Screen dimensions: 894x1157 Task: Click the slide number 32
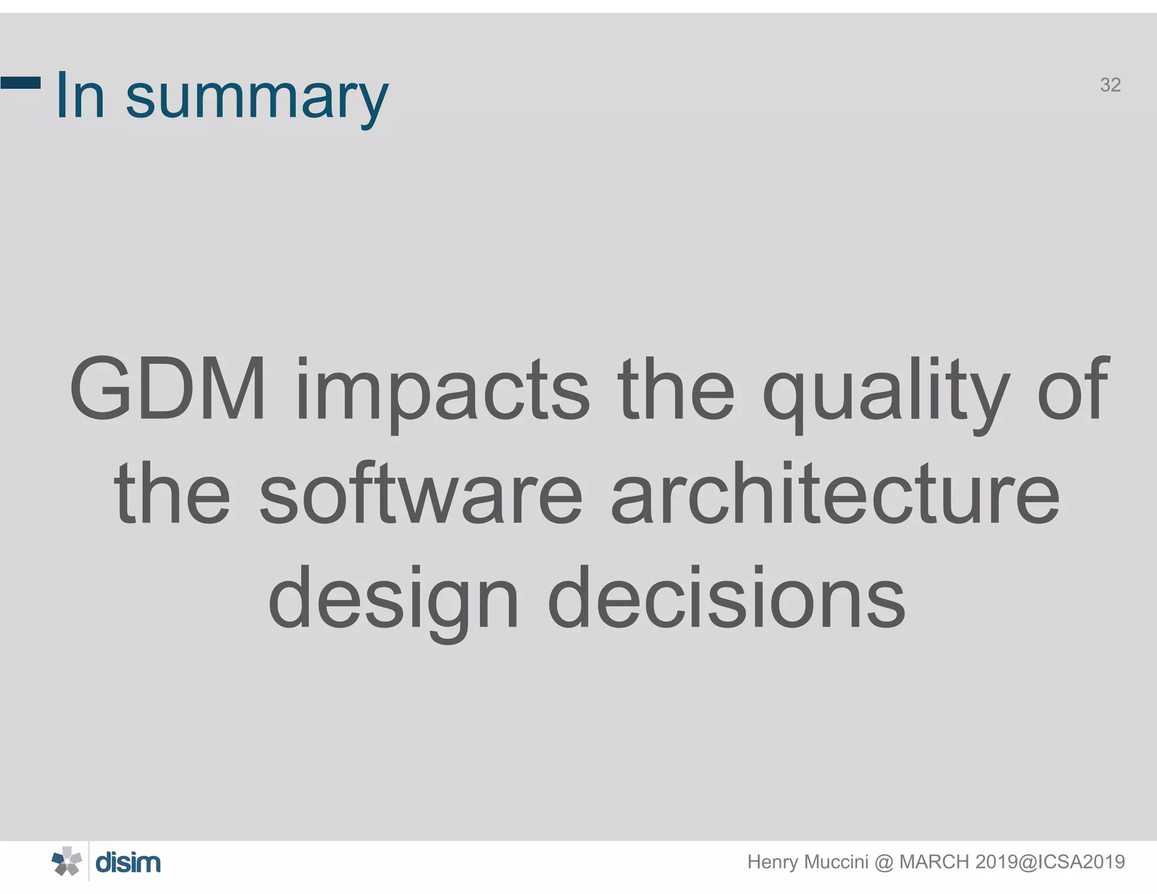coord(1110,85)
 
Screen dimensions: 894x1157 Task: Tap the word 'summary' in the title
coord(256,97)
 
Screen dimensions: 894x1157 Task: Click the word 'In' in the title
coord(81,95)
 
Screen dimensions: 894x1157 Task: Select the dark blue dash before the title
coord(20,83)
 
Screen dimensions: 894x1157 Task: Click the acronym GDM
coord(167,389)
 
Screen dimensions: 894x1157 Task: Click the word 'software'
coord(421,493)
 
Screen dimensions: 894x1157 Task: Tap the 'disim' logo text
coord(128,863)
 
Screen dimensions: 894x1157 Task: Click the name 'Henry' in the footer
coord(772,862)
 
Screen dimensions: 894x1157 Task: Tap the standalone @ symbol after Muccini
coord(884,862)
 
